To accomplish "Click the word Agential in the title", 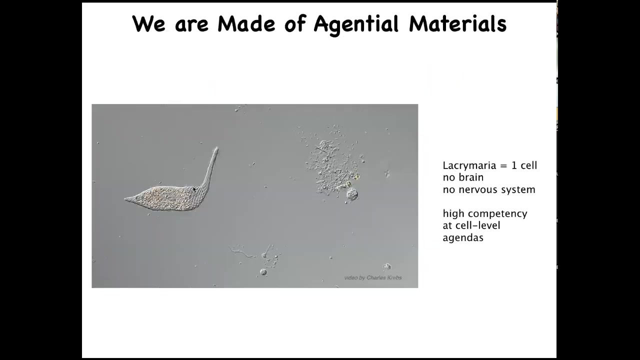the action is click(356, 25).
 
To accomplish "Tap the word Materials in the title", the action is click(457, 23).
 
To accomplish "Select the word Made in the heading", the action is click(246, 23).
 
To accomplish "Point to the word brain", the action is click(471, 177).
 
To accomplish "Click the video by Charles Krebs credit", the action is click(373, 277).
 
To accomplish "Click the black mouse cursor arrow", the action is click(194, 189).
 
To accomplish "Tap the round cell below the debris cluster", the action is click(352, 194).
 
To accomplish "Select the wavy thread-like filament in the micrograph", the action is click(241, 252).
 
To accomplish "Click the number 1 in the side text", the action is click(514, 165).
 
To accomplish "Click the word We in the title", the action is click(148, 23).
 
